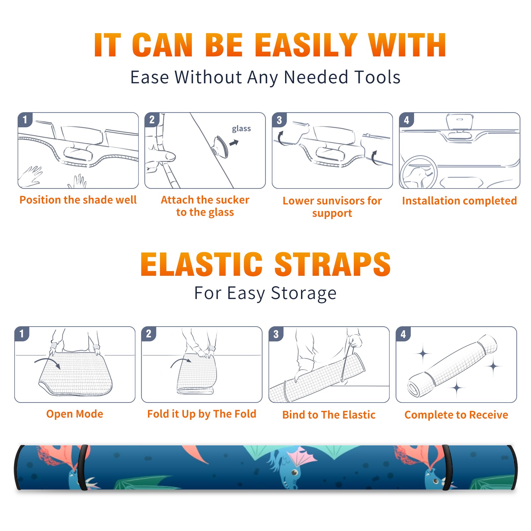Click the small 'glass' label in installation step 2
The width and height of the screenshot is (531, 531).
(x=241, y=129)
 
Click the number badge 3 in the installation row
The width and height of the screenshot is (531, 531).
(x=279, y=120)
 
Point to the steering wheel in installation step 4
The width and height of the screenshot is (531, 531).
(x=418, y=173)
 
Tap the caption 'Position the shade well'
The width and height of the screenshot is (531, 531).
(x=78, y=200)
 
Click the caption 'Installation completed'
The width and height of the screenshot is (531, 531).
(x=459, y=201)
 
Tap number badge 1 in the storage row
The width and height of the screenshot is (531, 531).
(x=22, y=334)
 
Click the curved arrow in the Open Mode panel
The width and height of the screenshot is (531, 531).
(x=47, y=362)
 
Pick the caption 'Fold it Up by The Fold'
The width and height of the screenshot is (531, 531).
(x=202, y=414)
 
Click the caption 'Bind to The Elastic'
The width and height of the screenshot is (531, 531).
(x=329, y=415)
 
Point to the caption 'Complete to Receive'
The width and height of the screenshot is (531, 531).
(x=456, y=415)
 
